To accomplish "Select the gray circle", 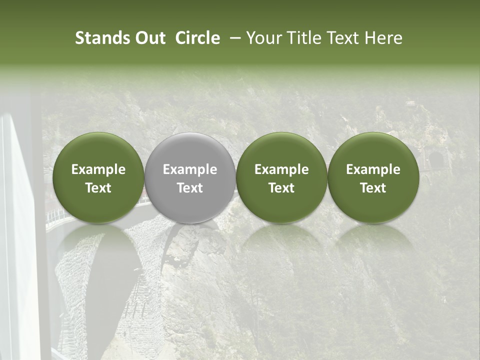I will (x=190, y=178).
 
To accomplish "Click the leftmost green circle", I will (x=98, y=178).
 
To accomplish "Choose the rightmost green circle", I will (x=373, y=178).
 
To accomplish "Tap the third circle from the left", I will (x=281, y=178).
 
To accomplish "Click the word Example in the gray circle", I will (x=190, y=169).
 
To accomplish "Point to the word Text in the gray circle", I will (x=190, y=188).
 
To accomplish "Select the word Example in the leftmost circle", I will (x=98, y=169).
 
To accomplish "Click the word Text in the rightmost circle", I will (x=373, y=188).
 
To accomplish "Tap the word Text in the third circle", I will (x=281, y=188).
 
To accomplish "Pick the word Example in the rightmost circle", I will (x=373, y=169).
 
